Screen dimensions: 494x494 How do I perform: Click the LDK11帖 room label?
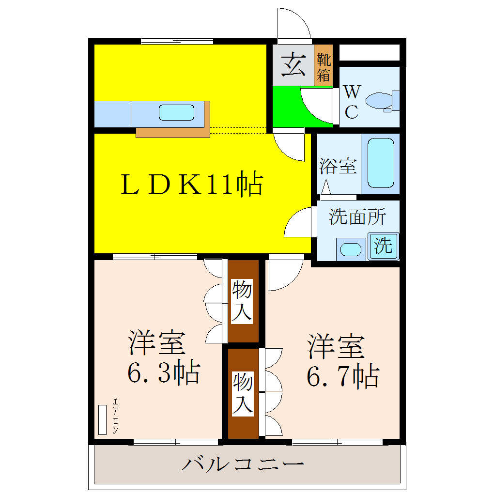[191, 185]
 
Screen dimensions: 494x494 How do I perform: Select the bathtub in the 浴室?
[380, 163]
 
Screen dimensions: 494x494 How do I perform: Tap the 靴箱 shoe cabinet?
[324, 67]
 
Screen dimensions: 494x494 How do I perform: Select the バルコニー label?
[243, 464]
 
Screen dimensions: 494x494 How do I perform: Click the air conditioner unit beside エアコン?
[102, 419]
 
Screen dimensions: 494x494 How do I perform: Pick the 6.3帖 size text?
[163, 372]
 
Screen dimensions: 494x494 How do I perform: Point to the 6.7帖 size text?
[342, 375]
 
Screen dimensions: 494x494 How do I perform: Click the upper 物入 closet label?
[242, 301]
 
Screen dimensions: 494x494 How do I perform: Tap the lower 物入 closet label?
[243, 394]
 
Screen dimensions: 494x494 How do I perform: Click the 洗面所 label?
[357, 216]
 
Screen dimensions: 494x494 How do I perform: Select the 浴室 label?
[338, 166]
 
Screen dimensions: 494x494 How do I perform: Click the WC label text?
[352, 102]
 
